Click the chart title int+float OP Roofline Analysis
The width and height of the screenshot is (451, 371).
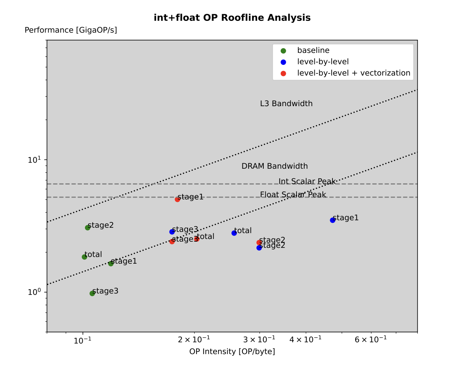[232, 18]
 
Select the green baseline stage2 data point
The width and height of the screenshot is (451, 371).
[88, 227]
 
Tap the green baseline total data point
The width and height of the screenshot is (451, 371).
[85, 257]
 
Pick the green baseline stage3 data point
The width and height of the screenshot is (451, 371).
[92, 293]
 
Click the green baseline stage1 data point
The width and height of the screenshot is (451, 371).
[111, 263]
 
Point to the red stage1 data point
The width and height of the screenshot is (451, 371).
[178, 199]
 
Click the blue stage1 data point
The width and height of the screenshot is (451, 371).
[332, 220]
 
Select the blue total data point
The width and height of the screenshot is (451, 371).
[234, 233]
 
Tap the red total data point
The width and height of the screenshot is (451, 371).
[197, 239]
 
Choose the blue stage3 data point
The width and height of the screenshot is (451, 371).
[172, 232]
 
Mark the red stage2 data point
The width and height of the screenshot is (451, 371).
[259, 242]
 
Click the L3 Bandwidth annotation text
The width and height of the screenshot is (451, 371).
[286, 104]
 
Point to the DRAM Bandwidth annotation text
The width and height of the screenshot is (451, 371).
[275, 166]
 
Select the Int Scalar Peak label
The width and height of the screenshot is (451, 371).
[307, 181]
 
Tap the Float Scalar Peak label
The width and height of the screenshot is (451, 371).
[293, 195]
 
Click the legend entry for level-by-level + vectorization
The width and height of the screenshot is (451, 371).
[353, 73]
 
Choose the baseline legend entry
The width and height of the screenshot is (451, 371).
[313, 50]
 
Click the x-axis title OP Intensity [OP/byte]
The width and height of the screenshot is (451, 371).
[232, 352]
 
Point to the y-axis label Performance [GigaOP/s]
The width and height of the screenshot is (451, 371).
[71, 30]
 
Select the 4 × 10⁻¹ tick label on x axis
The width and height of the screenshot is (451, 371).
[306, 340]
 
